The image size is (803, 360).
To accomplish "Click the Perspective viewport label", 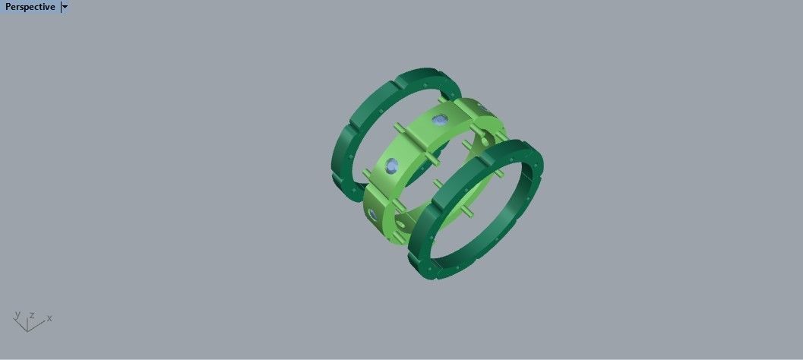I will [x=30, y=7].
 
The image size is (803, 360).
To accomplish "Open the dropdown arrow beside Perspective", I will [x=65, y=7].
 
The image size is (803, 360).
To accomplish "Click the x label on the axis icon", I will [x=49, y=317].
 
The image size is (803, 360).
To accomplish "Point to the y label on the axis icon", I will [x=17, y=314].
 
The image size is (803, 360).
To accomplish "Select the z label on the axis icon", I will [x=32, y=314].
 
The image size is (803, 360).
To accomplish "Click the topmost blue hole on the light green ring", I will [x=438, y=119].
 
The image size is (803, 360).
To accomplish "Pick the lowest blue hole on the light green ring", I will [x=372, y=216].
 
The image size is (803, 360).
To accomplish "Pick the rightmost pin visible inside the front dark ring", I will [x=499, y=175].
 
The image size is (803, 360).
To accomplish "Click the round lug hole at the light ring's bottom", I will [x=402, y=225].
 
